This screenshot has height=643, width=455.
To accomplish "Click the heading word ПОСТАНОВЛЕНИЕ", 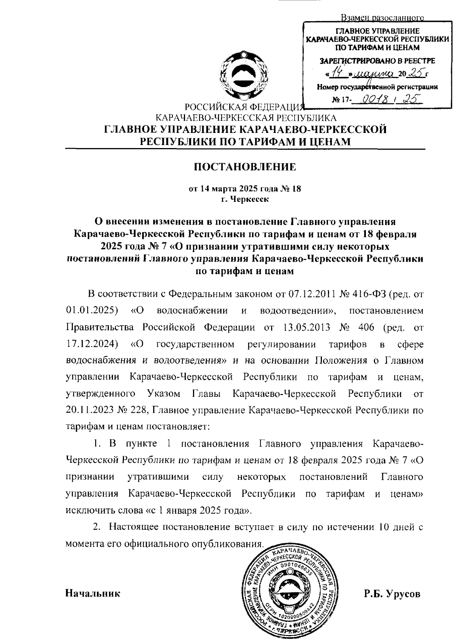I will (x=245, y=167).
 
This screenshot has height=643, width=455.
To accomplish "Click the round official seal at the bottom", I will (x=289, y=593).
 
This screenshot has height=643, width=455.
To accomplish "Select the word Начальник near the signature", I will (x=93, y=593).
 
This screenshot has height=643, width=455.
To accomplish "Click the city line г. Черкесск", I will (x=245, y=199).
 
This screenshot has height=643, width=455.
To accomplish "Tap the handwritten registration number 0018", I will (x=374, y=100).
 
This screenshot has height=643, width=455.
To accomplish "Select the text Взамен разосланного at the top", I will (x=382, y=18).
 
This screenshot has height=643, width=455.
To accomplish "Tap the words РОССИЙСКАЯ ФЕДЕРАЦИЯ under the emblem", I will (x=243, y=108).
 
